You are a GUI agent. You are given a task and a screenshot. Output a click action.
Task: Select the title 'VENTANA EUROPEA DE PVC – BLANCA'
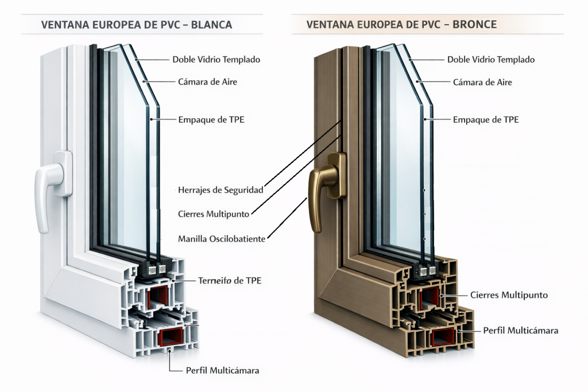[x=137, y=25]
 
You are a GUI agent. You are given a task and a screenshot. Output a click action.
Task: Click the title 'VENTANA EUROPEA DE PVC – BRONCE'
[x=401, y=25]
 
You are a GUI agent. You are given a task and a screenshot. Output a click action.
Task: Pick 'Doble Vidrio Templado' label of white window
[x=216, y=60]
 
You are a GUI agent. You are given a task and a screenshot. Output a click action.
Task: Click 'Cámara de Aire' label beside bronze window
[x=482, y=82]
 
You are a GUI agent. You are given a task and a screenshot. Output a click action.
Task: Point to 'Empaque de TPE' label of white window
[x=211, y=120]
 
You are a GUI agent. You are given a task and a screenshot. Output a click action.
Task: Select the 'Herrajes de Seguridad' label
[x=220, y=190]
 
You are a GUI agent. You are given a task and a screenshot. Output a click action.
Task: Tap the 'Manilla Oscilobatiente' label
[x=221, y=239]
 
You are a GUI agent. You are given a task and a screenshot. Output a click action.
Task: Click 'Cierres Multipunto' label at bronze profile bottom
[x=509, y=295]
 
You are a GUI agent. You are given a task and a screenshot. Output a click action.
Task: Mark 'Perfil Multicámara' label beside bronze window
[x=520, y=331]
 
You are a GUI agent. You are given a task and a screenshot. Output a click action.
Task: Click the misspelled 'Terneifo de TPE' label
[x=229, y=281]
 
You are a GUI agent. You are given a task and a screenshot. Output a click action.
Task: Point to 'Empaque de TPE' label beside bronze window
[x=486, y=120]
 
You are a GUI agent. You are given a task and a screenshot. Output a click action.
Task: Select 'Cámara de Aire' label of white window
[x=208, y=82]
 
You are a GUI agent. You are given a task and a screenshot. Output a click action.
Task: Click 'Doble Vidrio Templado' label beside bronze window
[x=490, y=60]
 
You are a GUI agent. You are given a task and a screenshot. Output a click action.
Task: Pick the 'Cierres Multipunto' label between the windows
[x=213, y=214]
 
